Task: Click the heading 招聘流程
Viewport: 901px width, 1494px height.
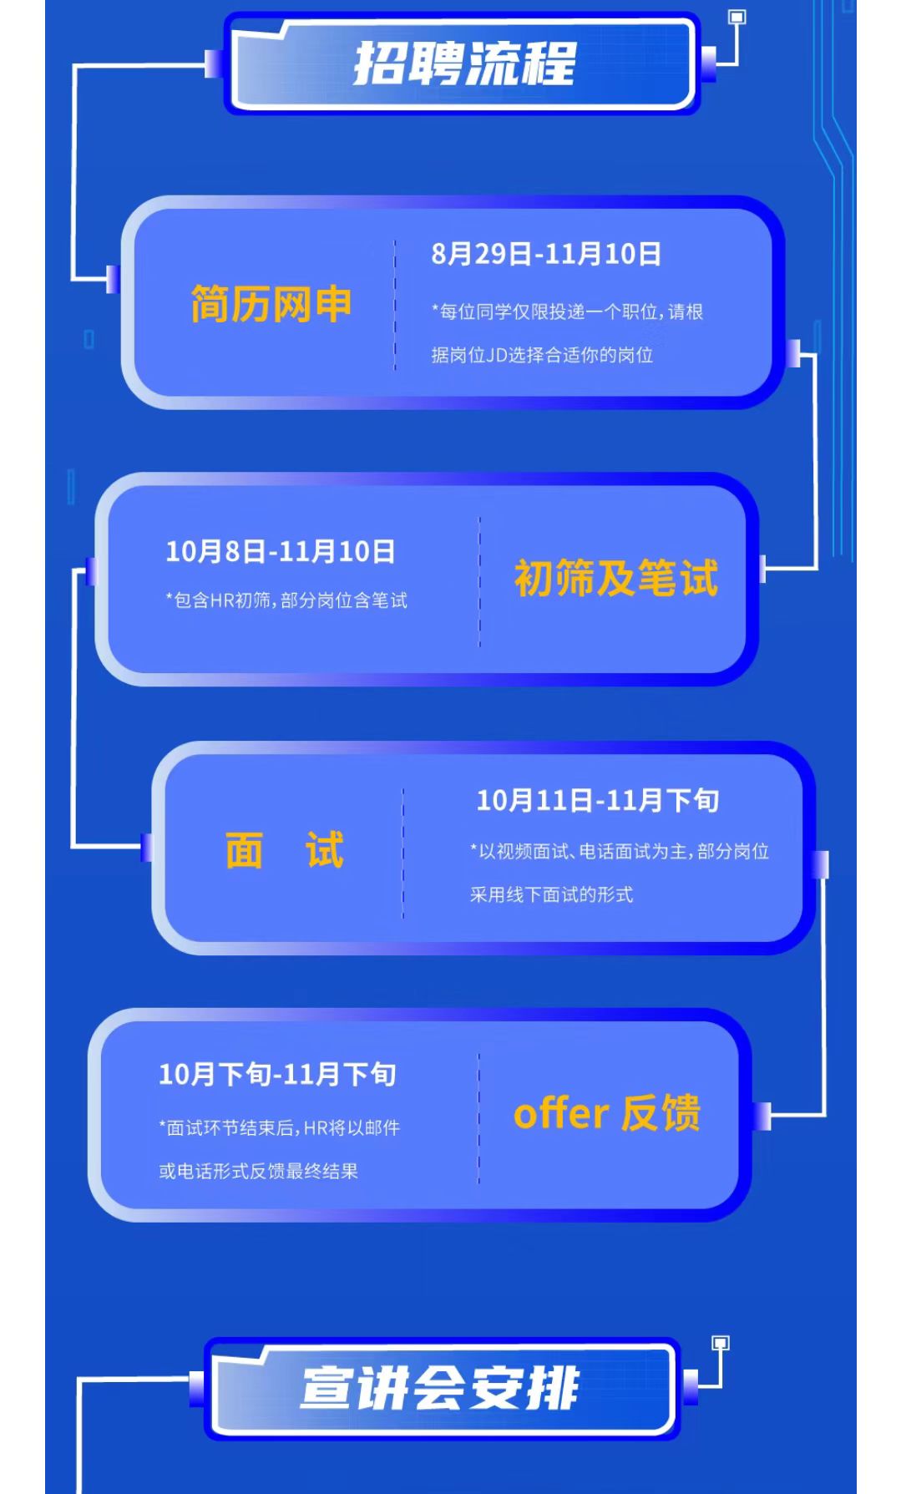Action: [464, 63]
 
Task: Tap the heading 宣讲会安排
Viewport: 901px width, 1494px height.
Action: [439, 1388]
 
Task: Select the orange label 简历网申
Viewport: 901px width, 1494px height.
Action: [271, 304]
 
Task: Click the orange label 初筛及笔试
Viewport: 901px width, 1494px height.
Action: [615, 578]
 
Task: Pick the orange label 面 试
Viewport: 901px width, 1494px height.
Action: [284, 850]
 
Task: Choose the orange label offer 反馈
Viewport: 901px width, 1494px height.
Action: [606, 1113]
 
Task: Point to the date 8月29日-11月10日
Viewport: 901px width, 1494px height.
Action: [546, 254]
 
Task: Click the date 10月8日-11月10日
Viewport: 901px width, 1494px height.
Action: [280, 551]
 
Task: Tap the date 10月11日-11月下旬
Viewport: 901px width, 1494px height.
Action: [597, 800]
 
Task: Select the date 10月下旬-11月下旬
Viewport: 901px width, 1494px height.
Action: [277, 1074]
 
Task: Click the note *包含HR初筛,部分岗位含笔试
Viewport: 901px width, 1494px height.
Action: [286, 600]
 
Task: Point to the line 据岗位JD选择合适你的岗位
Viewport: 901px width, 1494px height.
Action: [542, 355]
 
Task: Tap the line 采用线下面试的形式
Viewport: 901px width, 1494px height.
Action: [551, 894]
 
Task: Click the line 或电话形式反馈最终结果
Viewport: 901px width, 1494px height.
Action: [258, 1171]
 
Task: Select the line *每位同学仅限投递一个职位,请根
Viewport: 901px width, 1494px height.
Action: [567, 311]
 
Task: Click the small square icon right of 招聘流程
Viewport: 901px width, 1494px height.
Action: [736, 17]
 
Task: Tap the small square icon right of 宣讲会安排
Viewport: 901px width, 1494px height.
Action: [720, 1343]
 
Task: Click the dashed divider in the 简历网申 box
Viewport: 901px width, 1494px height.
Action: [395, 305]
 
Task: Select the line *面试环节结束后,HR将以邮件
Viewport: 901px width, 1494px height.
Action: [279, 1127]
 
